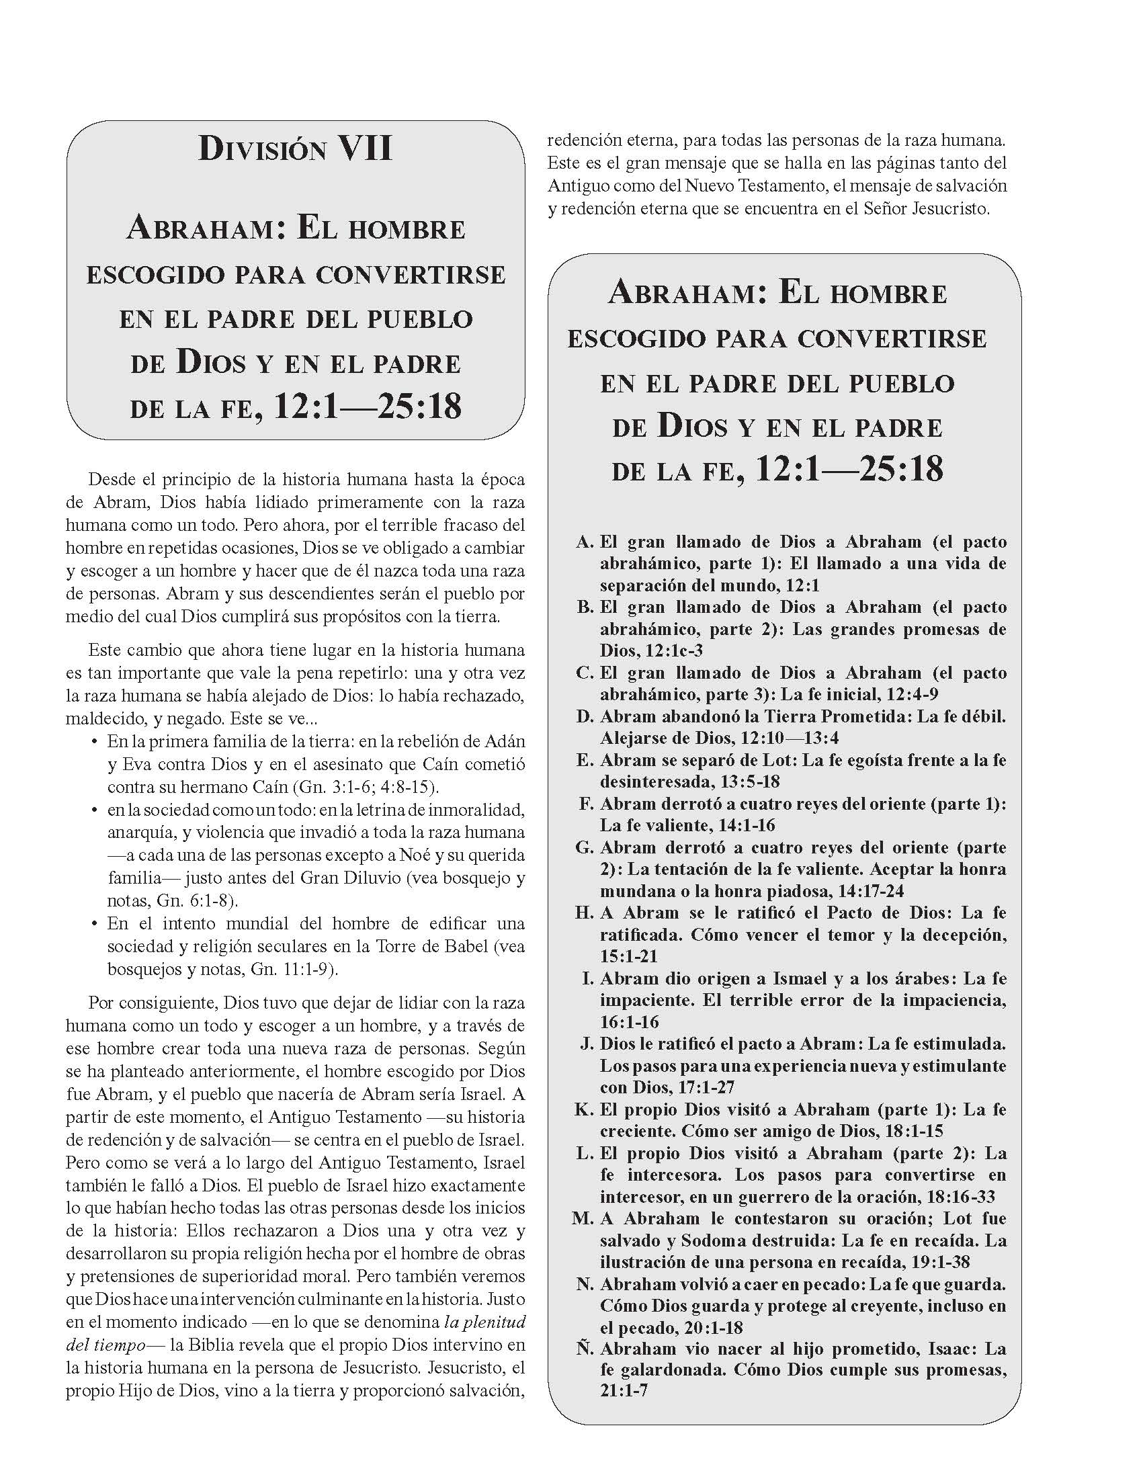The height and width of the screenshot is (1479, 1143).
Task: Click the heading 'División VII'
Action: pos(295,149)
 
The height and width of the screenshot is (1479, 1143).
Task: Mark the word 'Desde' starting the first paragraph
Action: pos(110,480)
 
